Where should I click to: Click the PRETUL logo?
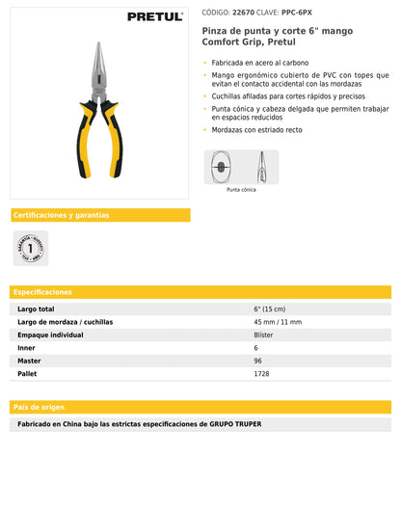point(154,16)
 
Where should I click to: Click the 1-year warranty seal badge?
point(31,248)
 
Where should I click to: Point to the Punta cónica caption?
point(241,190)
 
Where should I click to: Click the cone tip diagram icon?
point(241,167)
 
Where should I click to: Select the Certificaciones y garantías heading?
point(61,215)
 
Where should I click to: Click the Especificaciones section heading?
point(43,291)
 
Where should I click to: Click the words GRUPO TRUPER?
point(235,424)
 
